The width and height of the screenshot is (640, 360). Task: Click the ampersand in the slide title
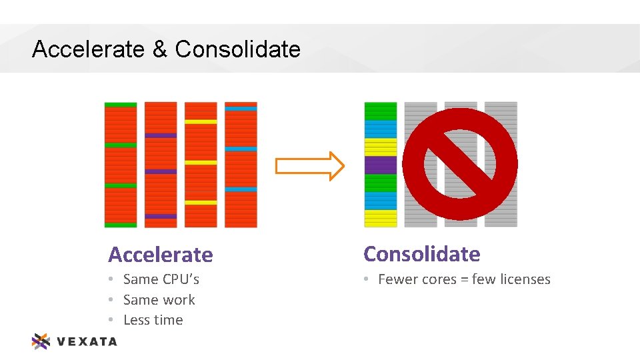click(160, 49)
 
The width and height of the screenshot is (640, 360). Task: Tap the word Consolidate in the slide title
click(237, 49)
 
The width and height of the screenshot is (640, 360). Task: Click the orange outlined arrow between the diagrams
click(310, 166)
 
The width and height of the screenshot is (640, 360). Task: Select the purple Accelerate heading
click(161, 255)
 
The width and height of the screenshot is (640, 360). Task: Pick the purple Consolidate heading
click(421, 254)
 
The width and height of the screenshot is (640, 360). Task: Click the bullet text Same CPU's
click(161, 279)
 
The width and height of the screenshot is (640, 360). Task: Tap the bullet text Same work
click(159, 300)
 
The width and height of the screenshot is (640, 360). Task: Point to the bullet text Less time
click(153, 320)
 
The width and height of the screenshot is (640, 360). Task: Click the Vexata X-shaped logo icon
click(41, 341)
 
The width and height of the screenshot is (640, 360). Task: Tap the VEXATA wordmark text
click(87, 342)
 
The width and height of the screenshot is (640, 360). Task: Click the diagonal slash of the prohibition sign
click(460, 164)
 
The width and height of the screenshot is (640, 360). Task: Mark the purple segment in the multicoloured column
click(380, 165)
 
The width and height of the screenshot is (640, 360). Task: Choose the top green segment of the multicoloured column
click(380, 111)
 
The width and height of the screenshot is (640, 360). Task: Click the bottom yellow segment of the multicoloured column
click(380, 218)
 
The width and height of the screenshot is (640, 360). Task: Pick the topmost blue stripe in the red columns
click(241, 108)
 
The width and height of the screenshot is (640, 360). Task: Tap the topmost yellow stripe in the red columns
click(201, 121)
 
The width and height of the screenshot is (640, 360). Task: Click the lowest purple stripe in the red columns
click(161, 216)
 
